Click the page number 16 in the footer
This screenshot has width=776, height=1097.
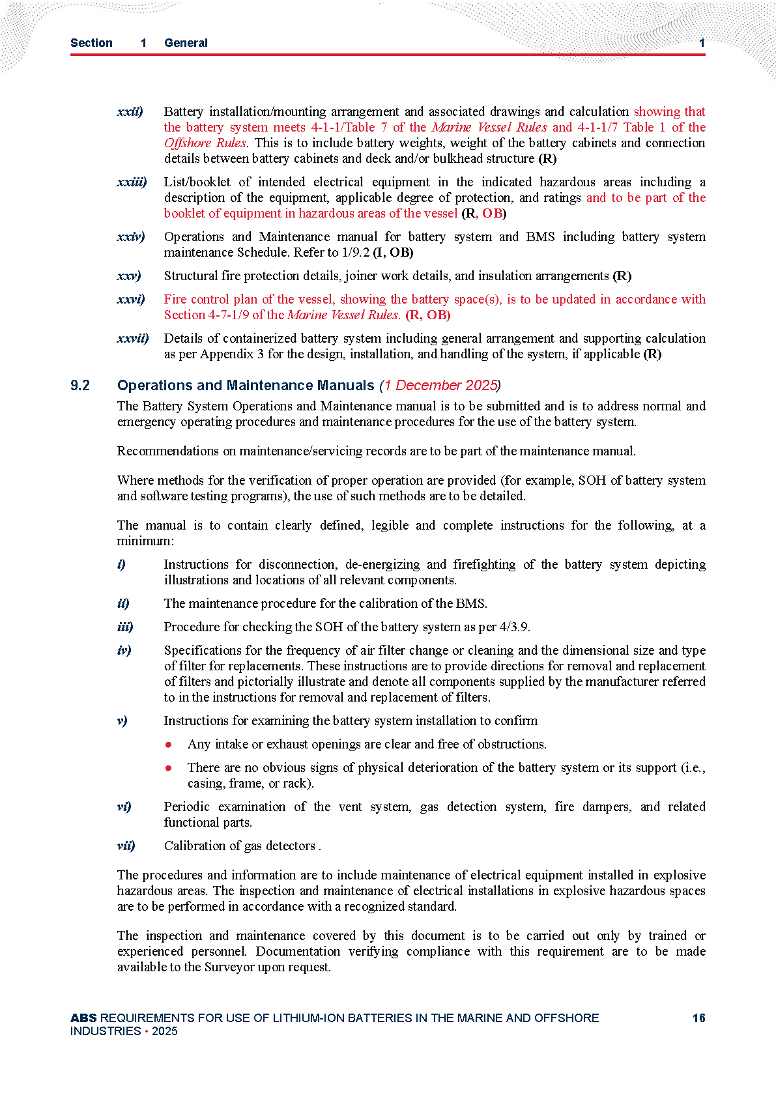[x=698, y=1018]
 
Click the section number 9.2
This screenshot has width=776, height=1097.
[x=80, y=386]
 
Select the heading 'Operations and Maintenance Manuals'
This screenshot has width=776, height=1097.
[x=246, y=386]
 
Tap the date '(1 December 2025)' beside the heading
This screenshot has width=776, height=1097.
[x=440, y=386]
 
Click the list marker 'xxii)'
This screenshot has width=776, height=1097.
[x=130, y=112]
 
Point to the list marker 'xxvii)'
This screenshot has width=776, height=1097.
[x=133, y=339]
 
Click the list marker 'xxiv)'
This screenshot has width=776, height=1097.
[x=131, y=237]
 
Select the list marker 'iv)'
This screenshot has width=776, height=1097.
[x=124, y=651]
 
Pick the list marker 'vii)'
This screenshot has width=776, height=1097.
[x=126, y=846]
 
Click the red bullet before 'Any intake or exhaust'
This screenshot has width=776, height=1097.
[x=169, y=745]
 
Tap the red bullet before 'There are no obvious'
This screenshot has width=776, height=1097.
[x=169, y=768]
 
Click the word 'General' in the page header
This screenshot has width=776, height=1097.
[x=186, y=43]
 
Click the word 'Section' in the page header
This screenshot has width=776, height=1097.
[x=91, y=43]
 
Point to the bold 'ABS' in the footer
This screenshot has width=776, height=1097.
[x=83, y=1018]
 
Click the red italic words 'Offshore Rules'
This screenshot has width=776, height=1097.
[x=205, y=143]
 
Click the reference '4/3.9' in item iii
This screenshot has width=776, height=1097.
[x=514, y=627]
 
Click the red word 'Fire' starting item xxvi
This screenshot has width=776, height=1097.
[x=175, y=300]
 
